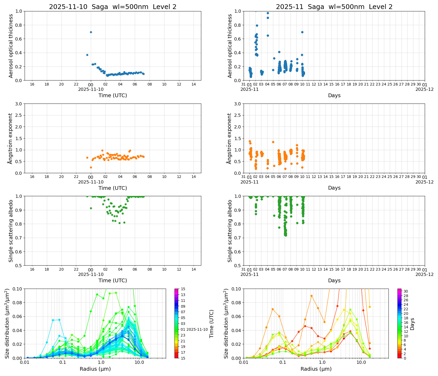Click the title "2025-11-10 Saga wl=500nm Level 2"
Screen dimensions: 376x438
[x=113, y=7]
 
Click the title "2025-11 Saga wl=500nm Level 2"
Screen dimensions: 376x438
[x=334, y=7]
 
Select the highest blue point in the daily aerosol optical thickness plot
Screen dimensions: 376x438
[x=91, y=32]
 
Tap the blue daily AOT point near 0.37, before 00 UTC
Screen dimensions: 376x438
[x=87, y=55]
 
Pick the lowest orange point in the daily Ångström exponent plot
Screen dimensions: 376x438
[x=91, y=167]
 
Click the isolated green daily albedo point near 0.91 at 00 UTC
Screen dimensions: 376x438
[x=91, y=208]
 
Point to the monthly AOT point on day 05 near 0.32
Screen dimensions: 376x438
[x=274, y=58]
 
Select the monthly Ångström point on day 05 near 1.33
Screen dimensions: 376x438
[x=273, y=142]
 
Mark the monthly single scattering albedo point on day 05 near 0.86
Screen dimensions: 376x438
[x=274, y=216]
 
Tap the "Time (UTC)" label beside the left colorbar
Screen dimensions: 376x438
[x=211, y=324]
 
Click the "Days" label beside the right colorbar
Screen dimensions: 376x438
[x=412, y=324]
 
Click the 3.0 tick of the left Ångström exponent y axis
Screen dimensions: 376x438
[x=19, y=104]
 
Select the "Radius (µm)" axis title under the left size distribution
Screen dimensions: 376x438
[x=95, y=369]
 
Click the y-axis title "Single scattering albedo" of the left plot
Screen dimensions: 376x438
[x=11, y=231]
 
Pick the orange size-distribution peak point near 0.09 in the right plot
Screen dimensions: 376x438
[x=311, y=296]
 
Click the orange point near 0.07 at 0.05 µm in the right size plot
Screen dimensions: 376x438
[x=273, y=309]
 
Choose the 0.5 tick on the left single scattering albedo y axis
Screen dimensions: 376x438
[x=19, y=265]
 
